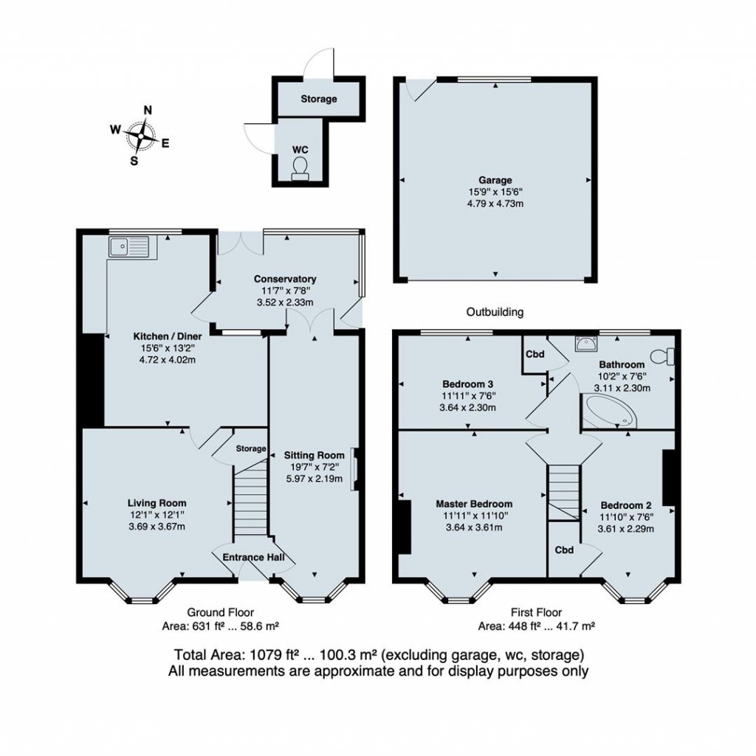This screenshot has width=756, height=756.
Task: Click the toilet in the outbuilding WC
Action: [x=300, y=168]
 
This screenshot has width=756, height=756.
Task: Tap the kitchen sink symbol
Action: [x=129, y=247]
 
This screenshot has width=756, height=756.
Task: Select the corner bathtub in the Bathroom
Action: [x=611, y=411]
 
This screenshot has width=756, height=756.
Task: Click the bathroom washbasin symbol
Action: [x=586, y=344]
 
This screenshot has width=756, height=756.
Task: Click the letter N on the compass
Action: [x=148, y=111]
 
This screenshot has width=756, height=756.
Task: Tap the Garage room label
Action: [x=495, y=180]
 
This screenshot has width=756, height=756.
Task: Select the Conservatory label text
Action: [x=285, y=279]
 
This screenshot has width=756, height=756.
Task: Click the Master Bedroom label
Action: [x=474, y=504]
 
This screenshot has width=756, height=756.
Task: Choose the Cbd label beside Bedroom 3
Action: [x=535, y=354]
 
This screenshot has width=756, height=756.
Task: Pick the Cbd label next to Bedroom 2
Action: [x=564, y=550]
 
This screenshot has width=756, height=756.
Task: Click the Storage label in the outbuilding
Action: [x=319, y=99]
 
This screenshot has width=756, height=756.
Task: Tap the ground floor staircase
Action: [x=250, y=496]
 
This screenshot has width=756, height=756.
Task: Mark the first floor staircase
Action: [x=563, y=492]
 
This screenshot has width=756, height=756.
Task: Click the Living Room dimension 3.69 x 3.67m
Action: [x=157, y=527]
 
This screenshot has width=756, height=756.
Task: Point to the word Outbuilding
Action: [x=495, y=312]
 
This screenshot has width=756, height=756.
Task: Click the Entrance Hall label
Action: [x=253, y=558]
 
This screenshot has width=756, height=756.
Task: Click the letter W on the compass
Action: [x=115, y=129]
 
